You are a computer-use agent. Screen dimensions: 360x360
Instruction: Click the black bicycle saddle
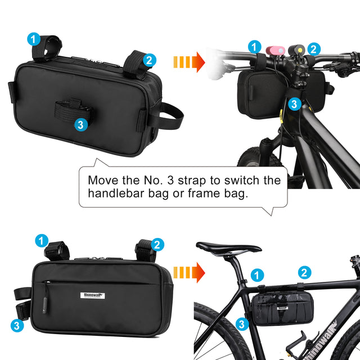coord(228,247)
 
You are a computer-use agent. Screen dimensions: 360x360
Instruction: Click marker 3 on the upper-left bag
coord(80,124)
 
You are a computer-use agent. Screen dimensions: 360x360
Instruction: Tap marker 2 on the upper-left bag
coord(148,59)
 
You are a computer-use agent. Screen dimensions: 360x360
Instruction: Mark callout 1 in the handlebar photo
coord(255,47)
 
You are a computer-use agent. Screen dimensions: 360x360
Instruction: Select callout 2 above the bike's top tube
coord(304,273)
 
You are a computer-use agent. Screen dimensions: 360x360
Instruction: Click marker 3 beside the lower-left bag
coord(17,325)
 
